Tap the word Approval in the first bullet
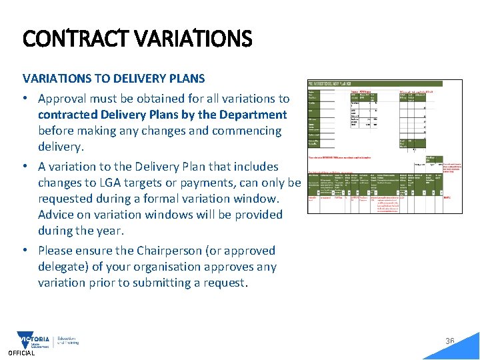click(63, 99)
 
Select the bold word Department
click(254, 115)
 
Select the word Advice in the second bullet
click(56, 215)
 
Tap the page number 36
click(450, 341)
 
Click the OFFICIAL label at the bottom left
click(21, 353)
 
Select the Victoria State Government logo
click(34, 341)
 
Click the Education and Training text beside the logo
click(68, 341)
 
